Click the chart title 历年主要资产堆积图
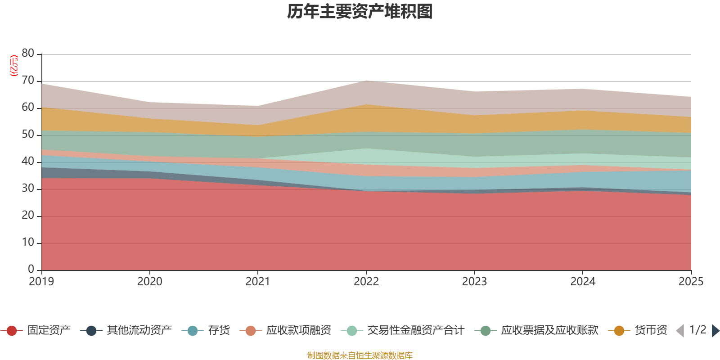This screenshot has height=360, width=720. coord(360,12)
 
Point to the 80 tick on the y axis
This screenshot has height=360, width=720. coord(28,53)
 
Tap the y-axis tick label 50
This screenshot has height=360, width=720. coord(28,134)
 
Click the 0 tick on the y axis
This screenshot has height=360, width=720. coord(31,269)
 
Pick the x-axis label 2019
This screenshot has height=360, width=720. coord(41,282)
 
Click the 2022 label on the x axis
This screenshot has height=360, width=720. coord(366,282)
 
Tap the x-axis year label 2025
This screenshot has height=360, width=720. coord(691,282)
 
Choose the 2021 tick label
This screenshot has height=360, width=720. coord(258,282)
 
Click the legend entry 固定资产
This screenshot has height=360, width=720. coord(49,331)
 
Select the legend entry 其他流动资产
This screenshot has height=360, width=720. coord(139,331)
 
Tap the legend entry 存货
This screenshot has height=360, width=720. coord(219,331)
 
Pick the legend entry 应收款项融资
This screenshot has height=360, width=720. coord(298,331)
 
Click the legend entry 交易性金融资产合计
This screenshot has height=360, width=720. coord(415,331)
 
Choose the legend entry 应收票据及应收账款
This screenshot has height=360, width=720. coord(549,331)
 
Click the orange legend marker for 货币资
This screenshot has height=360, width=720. coord(619,331)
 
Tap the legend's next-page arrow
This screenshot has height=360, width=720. coord(715,331)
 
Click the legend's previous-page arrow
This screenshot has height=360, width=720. coord(680,331)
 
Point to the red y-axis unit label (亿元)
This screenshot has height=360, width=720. coord(13,66)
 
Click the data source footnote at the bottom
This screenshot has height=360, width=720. coord(360,355)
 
